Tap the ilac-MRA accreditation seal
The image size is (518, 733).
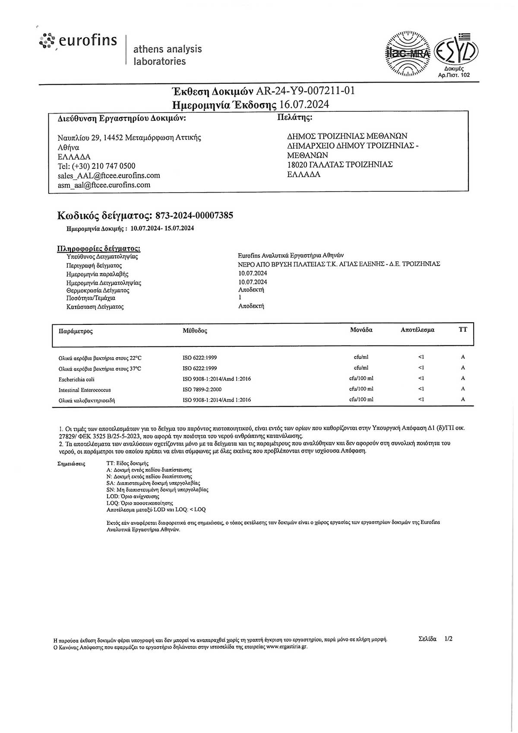(407, 54)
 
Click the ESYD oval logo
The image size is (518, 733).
(455, 51)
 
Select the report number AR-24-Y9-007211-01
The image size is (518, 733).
(305, 91)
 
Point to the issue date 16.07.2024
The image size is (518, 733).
(304, 105)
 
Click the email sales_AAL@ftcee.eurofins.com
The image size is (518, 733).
(109, 176)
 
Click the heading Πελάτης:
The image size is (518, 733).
(294, 117)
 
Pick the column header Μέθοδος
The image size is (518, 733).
(195, 331)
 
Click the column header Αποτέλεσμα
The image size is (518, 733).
(417, 330)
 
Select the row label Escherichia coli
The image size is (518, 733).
(76, 379)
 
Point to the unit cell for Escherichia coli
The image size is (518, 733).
(361, 378)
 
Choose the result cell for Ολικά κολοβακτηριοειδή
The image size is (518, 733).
(421, 400)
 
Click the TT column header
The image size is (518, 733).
(463, 330)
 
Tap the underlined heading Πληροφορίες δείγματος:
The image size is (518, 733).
(99, 249)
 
